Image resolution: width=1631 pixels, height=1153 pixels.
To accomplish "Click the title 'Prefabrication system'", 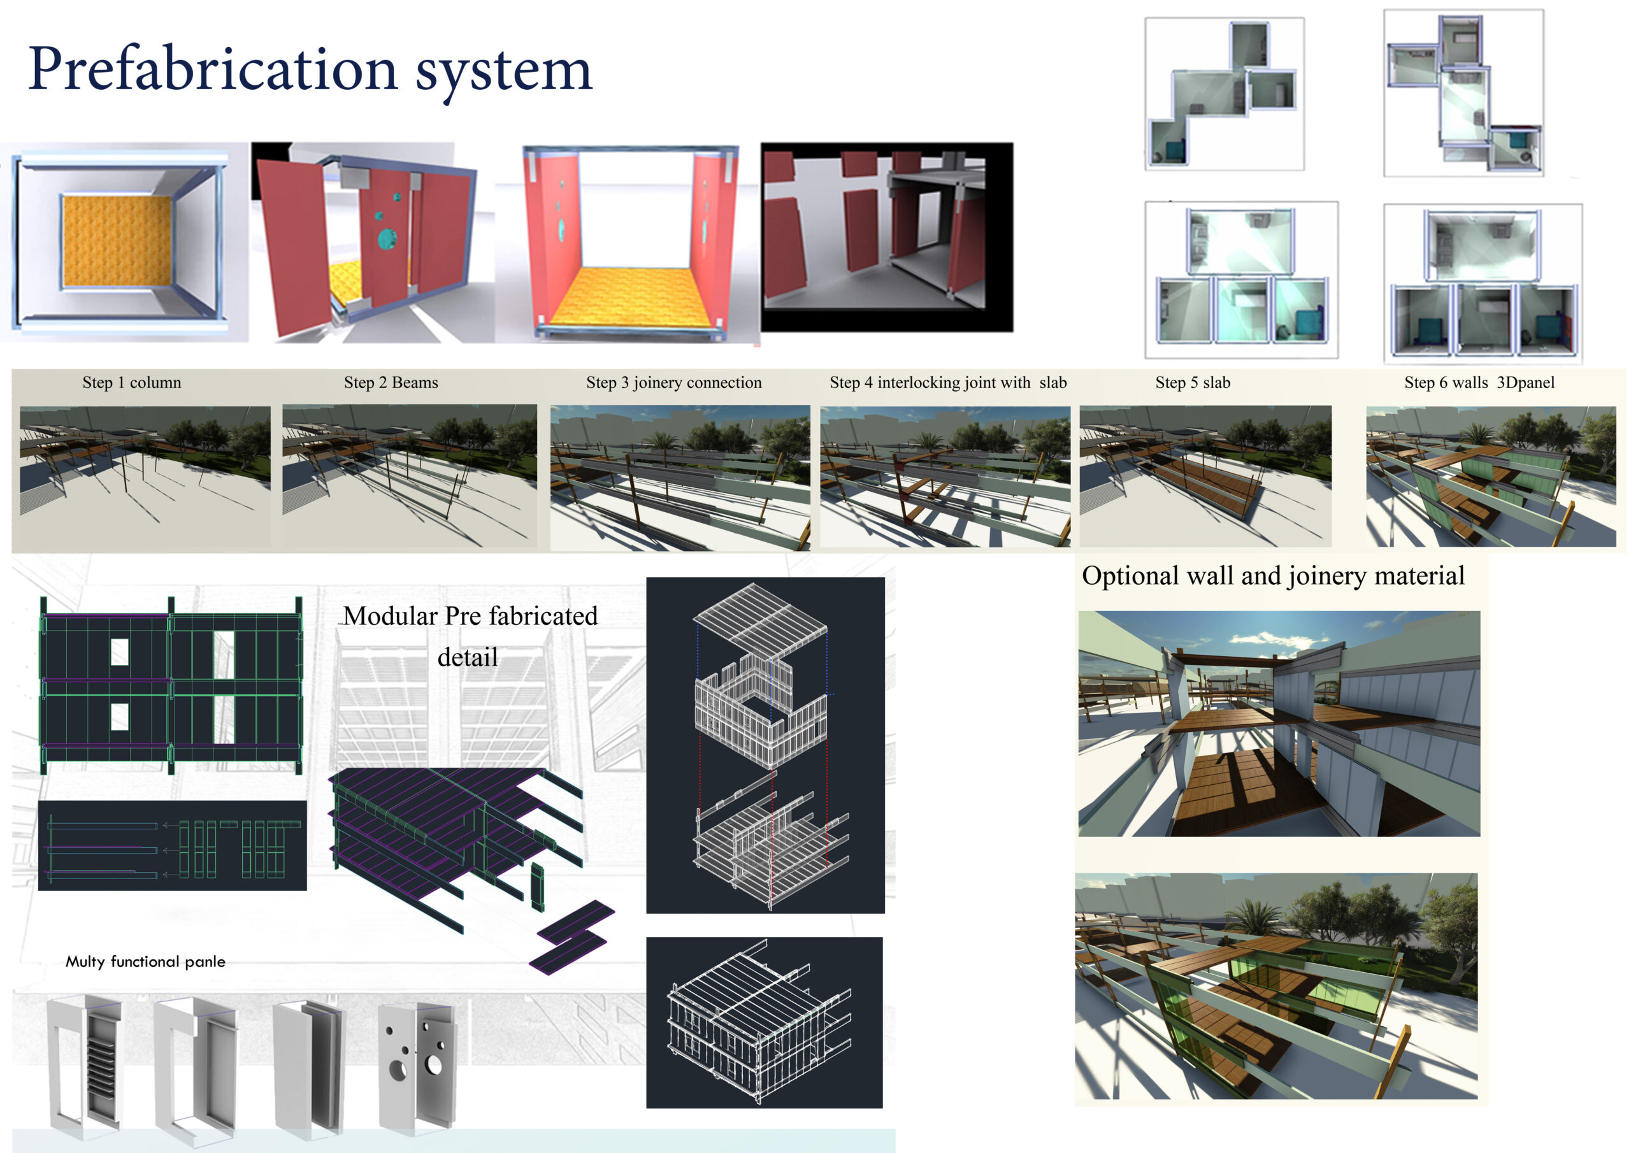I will [310, 69].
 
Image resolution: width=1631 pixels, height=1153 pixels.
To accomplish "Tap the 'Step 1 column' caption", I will [131, 383].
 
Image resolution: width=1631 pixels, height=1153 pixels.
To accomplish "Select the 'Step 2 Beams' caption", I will [391, 383].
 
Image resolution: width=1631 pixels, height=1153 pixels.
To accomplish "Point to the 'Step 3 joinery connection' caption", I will [673, 383].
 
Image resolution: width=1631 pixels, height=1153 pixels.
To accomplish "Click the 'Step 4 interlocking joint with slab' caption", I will [947, 383].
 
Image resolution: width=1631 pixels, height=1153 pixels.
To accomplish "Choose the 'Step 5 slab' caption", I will [1193, 383].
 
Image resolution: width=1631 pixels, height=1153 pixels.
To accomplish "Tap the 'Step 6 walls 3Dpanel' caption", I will [1479, 383].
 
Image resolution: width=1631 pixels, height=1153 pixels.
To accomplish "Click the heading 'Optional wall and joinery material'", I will [1273, 575].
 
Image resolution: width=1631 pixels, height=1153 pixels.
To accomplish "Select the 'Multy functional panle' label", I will [146, 962].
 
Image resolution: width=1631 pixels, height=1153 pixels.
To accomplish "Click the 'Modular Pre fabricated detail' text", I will [469, 636].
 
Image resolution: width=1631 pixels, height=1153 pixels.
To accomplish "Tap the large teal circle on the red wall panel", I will [388, 239].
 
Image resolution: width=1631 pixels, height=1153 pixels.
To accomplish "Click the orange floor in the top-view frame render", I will [117, 241].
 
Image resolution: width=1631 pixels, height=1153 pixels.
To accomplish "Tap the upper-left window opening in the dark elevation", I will [119, 652].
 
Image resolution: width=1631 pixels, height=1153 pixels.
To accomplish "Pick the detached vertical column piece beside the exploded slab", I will [537, 887].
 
